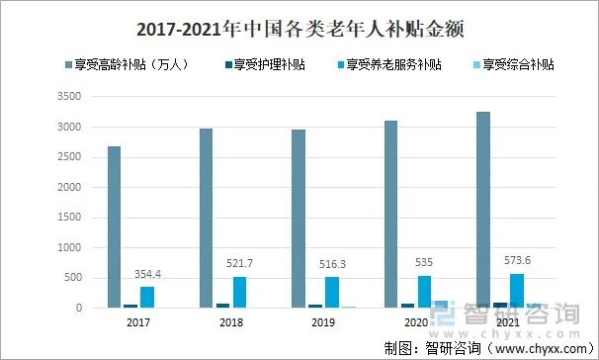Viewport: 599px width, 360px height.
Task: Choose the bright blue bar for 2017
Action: [147, 297]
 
